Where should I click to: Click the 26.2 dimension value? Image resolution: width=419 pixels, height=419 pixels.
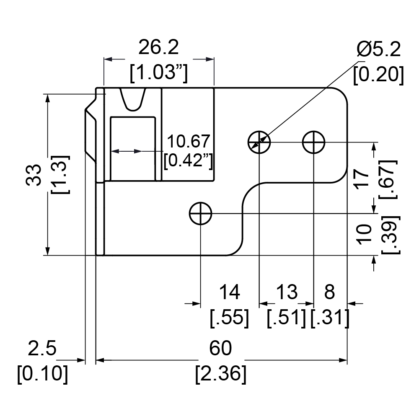click(158, 48)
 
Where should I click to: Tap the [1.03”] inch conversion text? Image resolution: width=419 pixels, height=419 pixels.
click(159, 72)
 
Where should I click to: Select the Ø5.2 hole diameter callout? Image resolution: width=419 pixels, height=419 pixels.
click(379, 49)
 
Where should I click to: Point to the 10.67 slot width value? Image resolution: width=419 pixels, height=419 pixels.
click(189, 141)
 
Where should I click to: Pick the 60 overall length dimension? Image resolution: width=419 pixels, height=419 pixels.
click(220, 348)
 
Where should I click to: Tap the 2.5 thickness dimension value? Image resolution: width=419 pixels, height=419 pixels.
click(42, 348)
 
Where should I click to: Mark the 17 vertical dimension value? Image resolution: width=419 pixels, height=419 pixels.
click(362, 179)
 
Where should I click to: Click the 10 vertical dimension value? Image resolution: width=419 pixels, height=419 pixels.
click(365, 234)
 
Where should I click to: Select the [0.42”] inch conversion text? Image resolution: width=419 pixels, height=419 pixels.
click(189, 160)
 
